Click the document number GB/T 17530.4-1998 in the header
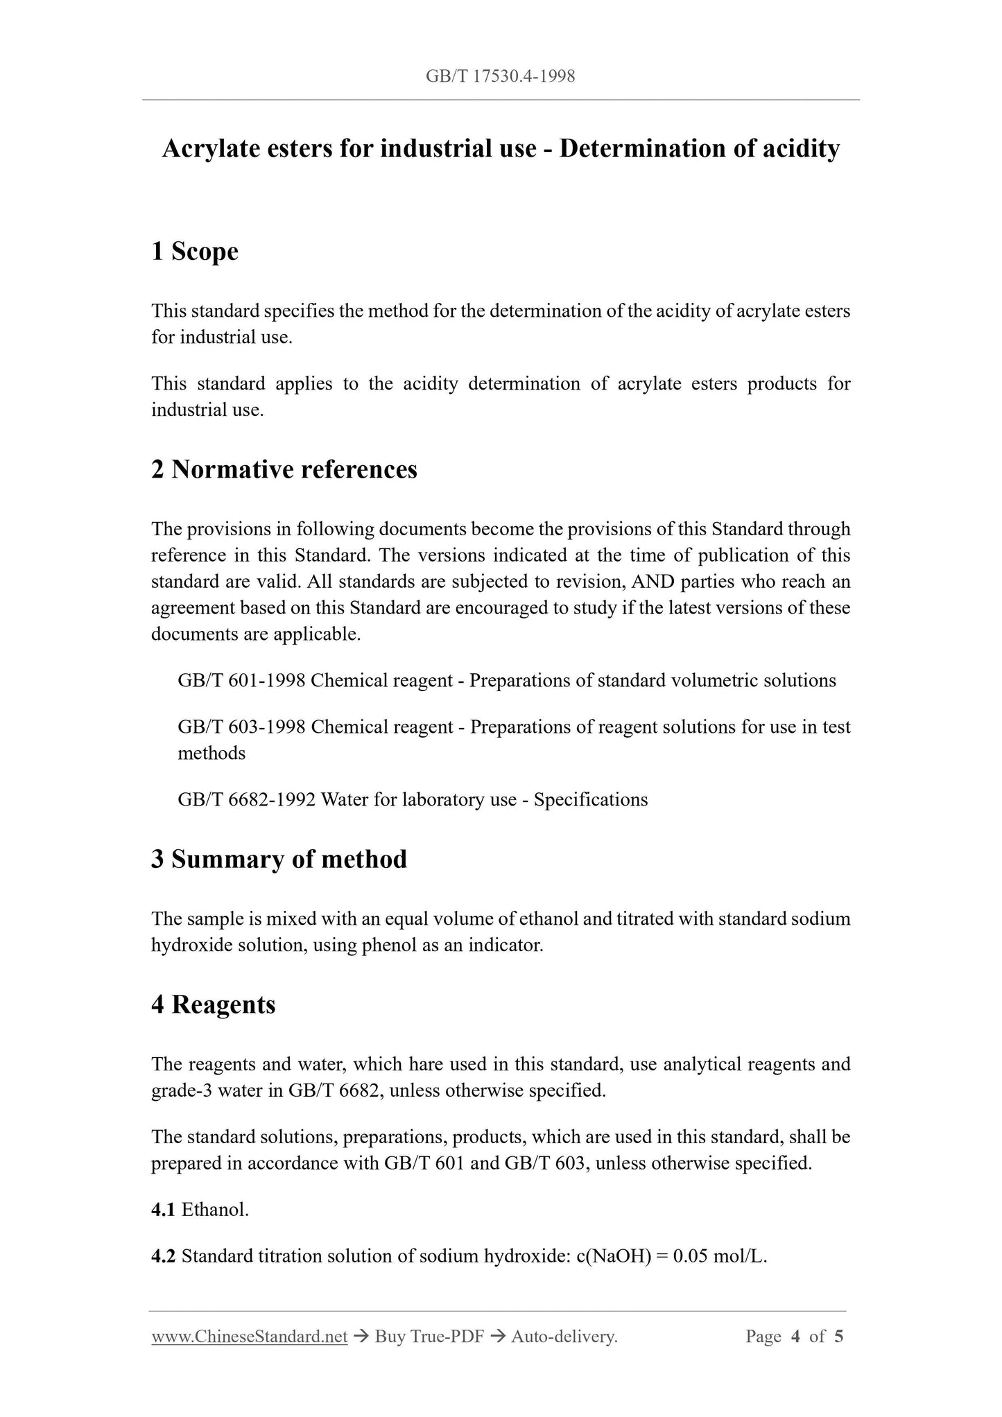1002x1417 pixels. (x=500, y=76)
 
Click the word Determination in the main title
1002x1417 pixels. (x=647, y=148)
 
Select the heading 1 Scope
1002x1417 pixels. (x=194, y=251)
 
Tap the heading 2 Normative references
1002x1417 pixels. (x=284, y=469)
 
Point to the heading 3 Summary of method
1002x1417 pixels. (x=279, y=859)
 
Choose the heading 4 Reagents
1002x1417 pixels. (x=213, y=1005)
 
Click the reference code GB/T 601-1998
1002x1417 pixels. (x=241, y=681)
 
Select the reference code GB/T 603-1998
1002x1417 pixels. (x=241, y=727)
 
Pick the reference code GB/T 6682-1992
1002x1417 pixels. (x=246, y=800)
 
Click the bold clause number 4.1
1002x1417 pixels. (x=163, y=1210)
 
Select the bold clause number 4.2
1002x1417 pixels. (x=163, y=1256)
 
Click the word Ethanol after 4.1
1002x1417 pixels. (x=215, y=1210)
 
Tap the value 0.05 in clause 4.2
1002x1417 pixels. (x=690, y=1256)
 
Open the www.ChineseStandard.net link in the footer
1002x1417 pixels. (x=249, y=1337)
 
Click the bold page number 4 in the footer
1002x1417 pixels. (x=795, y=1337)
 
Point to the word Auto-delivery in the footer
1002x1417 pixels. (x=563, y=1337)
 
